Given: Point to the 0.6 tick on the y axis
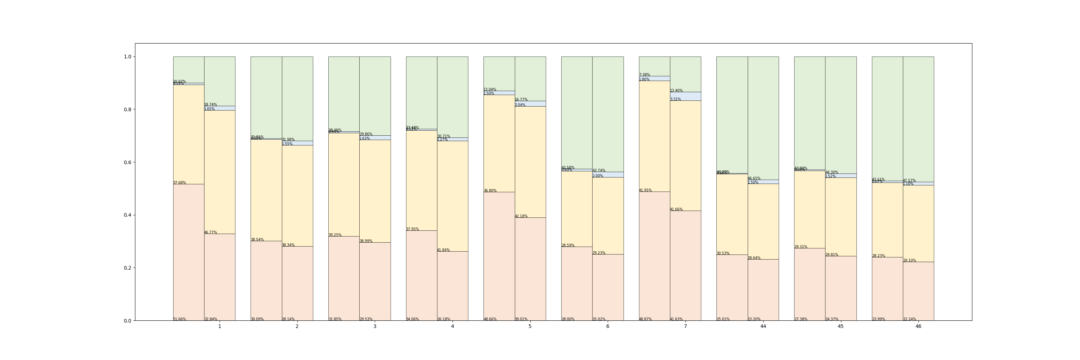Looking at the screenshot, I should [x=127, y=162].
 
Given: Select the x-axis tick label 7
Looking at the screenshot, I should [x=685, y=327].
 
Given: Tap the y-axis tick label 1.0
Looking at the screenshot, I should [x=127, y=57].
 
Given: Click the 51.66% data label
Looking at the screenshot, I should [x=179, y=319].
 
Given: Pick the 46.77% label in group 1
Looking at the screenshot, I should [x=211, y=232].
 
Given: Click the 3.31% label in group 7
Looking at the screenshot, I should [x=675, y=99].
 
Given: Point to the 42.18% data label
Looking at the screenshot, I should [x=521, y=216].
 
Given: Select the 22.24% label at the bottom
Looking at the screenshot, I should [x=909, y=319].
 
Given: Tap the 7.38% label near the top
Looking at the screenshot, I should [x=644, y=75].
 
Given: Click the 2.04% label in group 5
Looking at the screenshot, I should [x=520, y=105].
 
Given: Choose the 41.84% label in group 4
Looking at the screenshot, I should [x=443, y=250].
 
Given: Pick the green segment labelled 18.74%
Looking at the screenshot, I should [x=220, y=81].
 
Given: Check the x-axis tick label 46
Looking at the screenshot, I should [x=918, y=327].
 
